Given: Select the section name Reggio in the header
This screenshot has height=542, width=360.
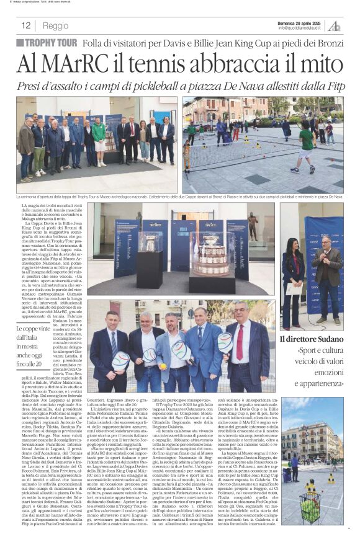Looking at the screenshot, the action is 56,26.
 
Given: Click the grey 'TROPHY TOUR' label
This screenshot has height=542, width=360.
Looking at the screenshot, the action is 47,43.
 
